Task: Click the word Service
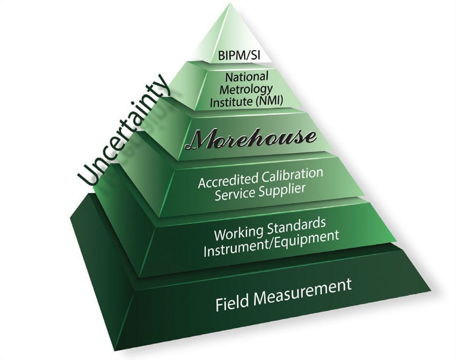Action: click(x=234, y=196)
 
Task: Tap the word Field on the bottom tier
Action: click(x=233, y=304)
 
